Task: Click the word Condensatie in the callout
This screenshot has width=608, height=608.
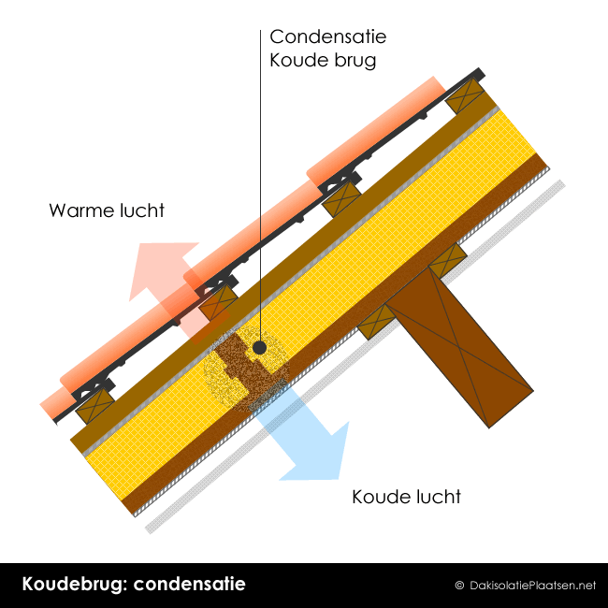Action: pyautogui.click(x=328, y=36)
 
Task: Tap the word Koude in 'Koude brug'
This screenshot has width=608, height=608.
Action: pyautogui.click(x=294, y=60)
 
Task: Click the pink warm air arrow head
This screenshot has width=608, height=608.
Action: pyautogui.click(x=163, y=268)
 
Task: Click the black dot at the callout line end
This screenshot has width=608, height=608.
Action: pyautogui.click(x=259, y=348)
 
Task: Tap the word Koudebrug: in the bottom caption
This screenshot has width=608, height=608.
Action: pyautogui.click(x=75, y=585)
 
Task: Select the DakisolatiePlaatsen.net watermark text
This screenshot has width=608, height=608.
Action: pyautogui.click(x=532, y=586)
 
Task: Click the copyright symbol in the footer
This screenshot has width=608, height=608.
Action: pyautogui.click(x=459, y=586)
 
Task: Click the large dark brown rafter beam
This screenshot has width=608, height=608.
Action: pyautogui.click(x=459, y=347)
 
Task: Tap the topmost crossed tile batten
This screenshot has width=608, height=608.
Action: pyautogui.click(x=465, y=95)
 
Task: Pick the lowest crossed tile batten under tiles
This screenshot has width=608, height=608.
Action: pyautogui.click(x=94, y=406)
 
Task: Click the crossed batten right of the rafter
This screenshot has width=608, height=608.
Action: pyautogui.click(x=448, y=260)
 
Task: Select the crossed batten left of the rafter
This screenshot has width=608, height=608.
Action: pyautogui.click(x=377, y=322)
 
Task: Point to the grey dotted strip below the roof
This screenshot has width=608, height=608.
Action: pyautogui.click(x=355, y=356)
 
